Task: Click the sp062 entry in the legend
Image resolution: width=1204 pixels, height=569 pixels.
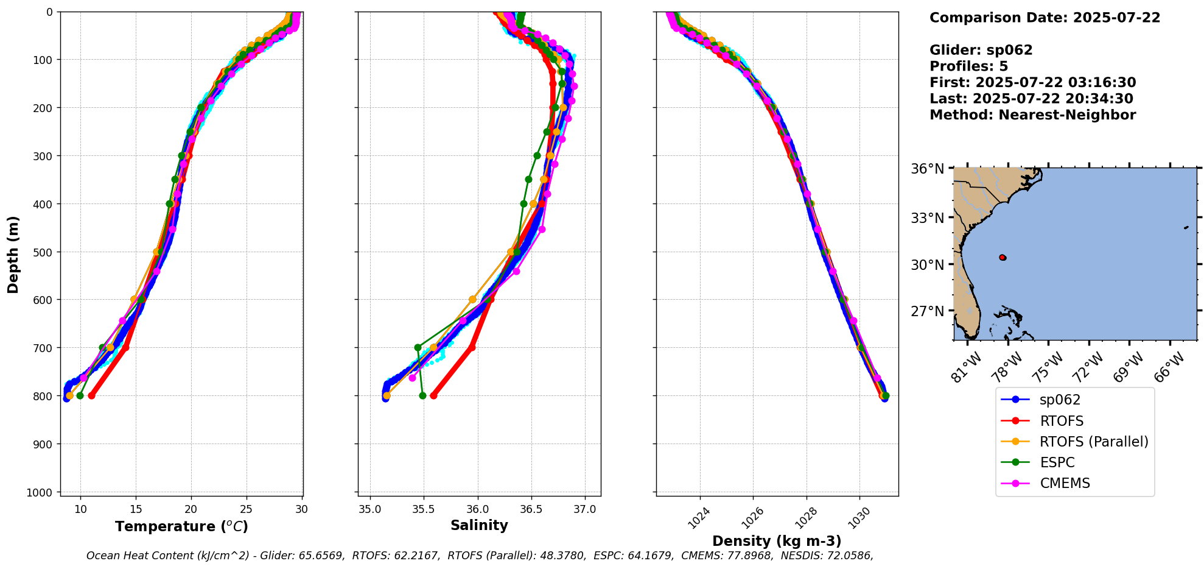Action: [1060, 400]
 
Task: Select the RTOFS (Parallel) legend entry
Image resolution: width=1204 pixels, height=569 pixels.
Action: [1093, 442]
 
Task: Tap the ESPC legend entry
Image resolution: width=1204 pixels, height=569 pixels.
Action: [1057, 462]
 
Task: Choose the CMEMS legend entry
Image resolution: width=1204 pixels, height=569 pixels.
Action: [1064, 483]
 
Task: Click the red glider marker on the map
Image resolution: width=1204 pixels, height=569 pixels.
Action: [1003, 258]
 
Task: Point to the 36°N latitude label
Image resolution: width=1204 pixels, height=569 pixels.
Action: [927, 169]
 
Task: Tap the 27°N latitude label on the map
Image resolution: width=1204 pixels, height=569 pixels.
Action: [927, 311]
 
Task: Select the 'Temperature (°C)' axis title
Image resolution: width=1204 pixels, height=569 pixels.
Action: [181, 526]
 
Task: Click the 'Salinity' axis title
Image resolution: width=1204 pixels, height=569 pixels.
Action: [479, 525]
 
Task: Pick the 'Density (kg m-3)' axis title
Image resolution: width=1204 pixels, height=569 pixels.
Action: [777, 541]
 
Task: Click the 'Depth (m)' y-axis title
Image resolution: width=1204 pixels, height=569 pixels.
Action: [13, 254]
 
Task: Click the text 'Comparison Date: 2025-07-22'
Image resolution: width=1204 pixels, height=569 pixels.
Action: [1045, 18]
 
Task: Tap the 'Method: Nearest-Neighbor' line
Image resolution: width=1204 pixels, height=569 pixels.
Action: [1032, 115]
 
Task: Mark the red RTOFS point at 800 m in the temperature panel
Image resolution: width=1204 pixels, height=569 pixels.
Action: [91, 396]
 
